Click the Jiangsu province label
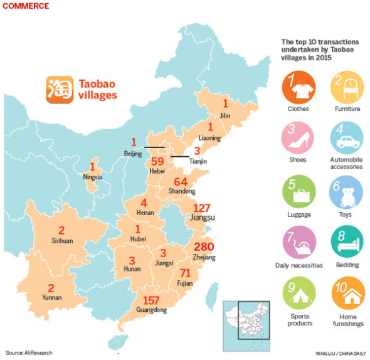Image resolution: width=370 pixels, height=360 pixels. pos(203,218)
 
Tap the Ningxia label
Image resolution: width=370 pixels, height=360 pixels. pos(93,177)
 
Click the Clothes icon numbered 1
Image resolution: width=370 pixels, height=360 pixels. pos(298,88)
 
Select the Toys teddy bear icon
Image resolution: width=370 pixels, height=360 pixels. pos(346,194)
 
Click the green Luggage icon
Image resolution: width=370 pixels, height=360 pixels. pos(298,194)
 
